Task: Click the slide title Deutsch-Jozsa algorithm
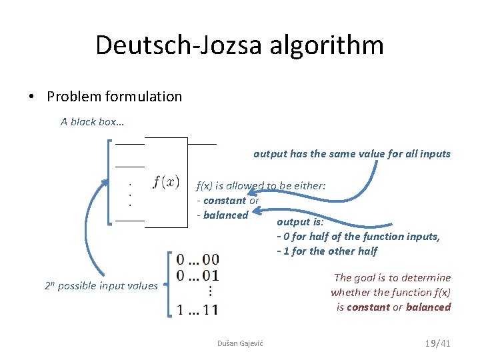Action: click(x=239, y=45)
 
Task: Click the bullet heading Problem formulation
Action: click(x=114, y=97)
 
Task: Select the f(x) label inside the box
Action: click(x=166, y=181)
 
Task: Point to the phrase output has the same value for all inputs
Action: click(x=352, y=154)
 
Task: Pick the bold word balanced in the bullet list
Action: click(x=226, y=215)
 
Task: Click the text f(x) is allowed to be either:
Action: click(x=261, y=186)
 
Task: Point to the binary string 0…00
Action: click(x=197, y=259)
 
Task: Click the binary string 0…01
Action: click(x=197, y=275)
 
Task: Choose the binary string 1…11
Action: click(x=197, y=309)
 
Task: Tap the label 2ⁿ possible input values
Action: click(x=101, y=286)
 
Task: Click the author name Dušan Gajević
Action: click(x=240, y=343)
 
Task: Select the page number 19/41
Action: click(x=438, y=343)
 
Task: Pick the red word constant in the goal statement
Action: click(x=368, y=307)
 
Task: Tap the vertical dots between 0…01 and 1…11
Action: click(x=209, y=291)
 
